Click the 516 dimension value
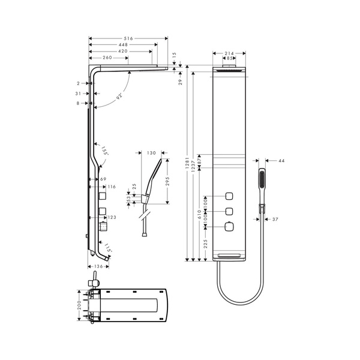(x=128, y=38)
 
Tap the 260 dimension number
(x=107, y=58)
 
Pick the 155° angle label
(x=104, y=151)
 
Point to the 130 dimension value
(x=151, y=153)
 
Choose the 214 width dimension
(x=229, y=54)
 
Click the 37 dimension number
(x=276, y=219)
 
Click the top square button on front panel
(x=229, y=196)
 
